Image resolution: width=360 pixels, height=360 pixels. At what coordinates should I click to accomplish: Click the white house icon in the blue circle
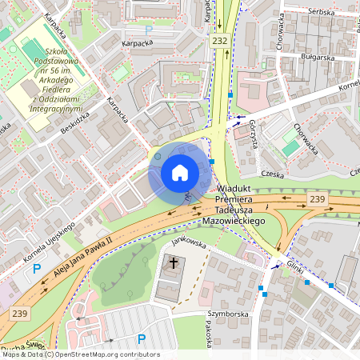pos(179,173)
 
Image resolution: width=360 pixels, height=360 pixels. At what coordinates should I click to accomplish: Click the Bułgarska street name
pos(318,58)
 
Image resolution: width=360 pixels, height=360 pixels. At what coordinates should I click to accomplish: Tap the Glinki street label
pos(293,267)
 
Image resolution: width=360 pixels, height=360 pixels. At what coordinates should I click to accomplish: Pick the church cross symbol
pos(174,262)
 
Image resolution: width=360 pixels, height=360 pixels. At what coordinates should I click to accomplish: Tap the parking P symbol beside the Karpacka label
pos(149,30)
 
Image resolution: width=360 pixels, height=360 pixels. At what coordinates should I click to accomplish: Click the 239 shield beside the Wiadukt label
pos(318,198)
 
